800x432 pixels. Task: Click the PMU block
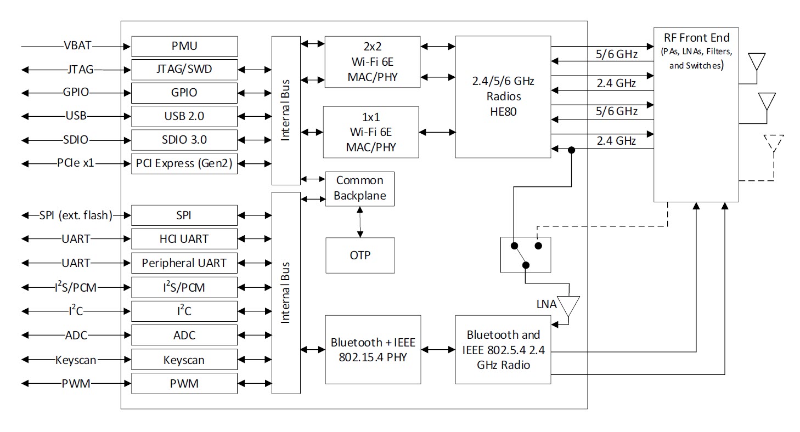tap(184, 46)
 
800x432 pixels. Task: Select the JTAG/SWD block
tap(184, 70)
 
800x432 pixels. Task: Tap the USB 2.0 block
tap(184, 116)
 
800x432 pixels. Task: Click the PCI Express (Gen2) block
tap(184, 163)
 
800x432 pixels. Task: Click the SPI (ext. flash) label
tap(76, 215)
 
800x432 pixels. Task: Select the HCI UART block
tap(184, 239)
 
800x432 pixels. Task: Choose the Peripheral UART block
tap(184, 263)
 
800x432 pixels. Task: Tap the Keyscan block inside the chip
tap(184, 360)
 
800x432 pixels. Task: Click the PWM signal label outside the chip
tap(76, 384)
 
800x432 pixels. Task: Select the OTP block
tap(360, 255)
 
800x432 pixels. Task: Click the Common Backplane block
tap(360, 188)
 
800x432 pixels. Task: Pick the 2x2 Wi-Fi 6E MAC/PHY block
tap(371, 61)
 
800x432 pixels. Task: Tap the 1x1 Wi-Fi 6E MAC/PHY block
tap(371, 132)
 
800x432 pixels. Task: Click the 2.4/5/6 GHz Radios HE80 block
tap(503, 96)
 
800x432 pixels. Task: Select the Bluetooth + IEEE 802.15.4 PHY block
tap(373, 350)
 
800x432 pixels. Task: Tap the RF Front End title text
tap(696, 38)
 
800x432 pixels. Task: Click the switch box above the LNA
tap(526, 254)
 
